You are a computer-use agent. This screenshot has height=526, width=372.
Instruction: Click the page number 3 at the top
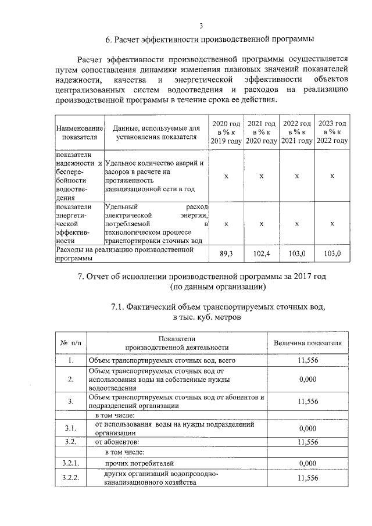pos(201,26)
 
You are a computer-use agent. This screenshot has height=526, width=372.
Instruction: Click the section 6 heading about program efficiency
pos(209,40)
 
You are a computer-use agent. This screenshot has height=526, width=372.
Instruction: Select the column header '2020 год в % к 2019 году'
pos(226,133)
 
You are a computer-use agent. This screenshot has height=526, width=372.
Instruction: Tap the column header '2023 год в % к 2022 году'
pos(332,133)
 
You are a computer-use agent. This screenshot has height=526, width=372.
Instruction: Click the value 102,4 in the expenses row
pos(261,254)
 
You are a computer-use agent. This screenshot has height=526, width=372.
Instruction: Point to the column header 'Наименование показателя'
pos(78,133)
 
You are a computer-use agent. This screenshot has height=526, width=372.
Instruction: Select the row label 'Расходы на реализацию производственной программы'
pos(131,254)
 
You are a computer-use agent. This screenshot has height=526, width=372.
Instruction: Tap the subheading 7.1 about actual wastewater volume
pos(217,312)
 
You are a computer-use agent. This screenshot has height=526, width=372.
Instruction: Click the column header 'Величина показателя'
pos(307,343)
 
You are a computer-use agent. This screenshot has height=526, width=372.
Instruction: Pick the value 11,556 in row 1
pos(307,361)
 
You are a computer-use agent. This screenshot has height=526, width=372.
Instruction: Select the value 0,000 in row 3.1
pos(307,428)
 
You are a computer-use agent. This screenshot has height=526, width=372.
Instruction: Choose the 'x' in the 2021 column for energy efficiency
pos(261,224)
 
